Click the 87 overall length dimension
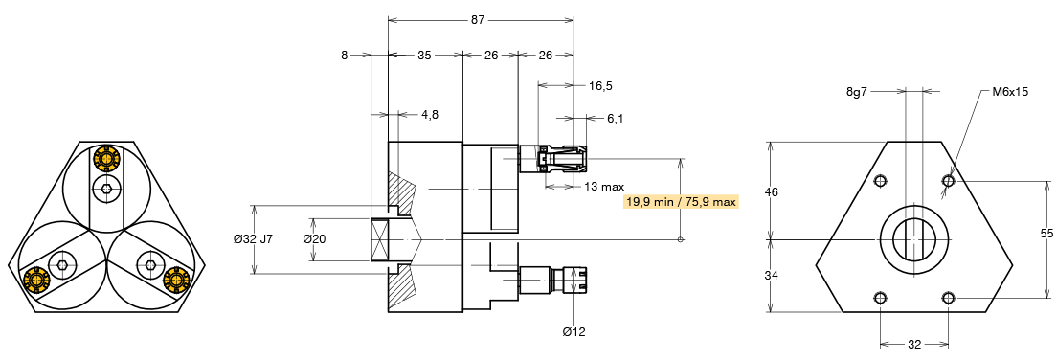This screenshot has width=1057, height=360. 477,20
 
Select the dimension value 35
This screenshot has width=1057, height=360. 423,56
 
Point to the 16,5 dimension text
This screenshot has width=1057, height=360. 600,85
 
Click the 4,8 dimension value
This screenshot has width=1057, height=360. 430,114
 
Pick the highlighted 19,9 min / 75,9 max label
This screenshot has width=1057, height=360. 682,202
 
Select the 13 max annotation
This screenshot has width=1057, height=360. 605,186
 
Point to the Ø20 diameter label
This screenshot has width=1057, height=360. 315,238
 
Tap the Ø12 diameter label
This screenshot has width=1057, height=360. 574,331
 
